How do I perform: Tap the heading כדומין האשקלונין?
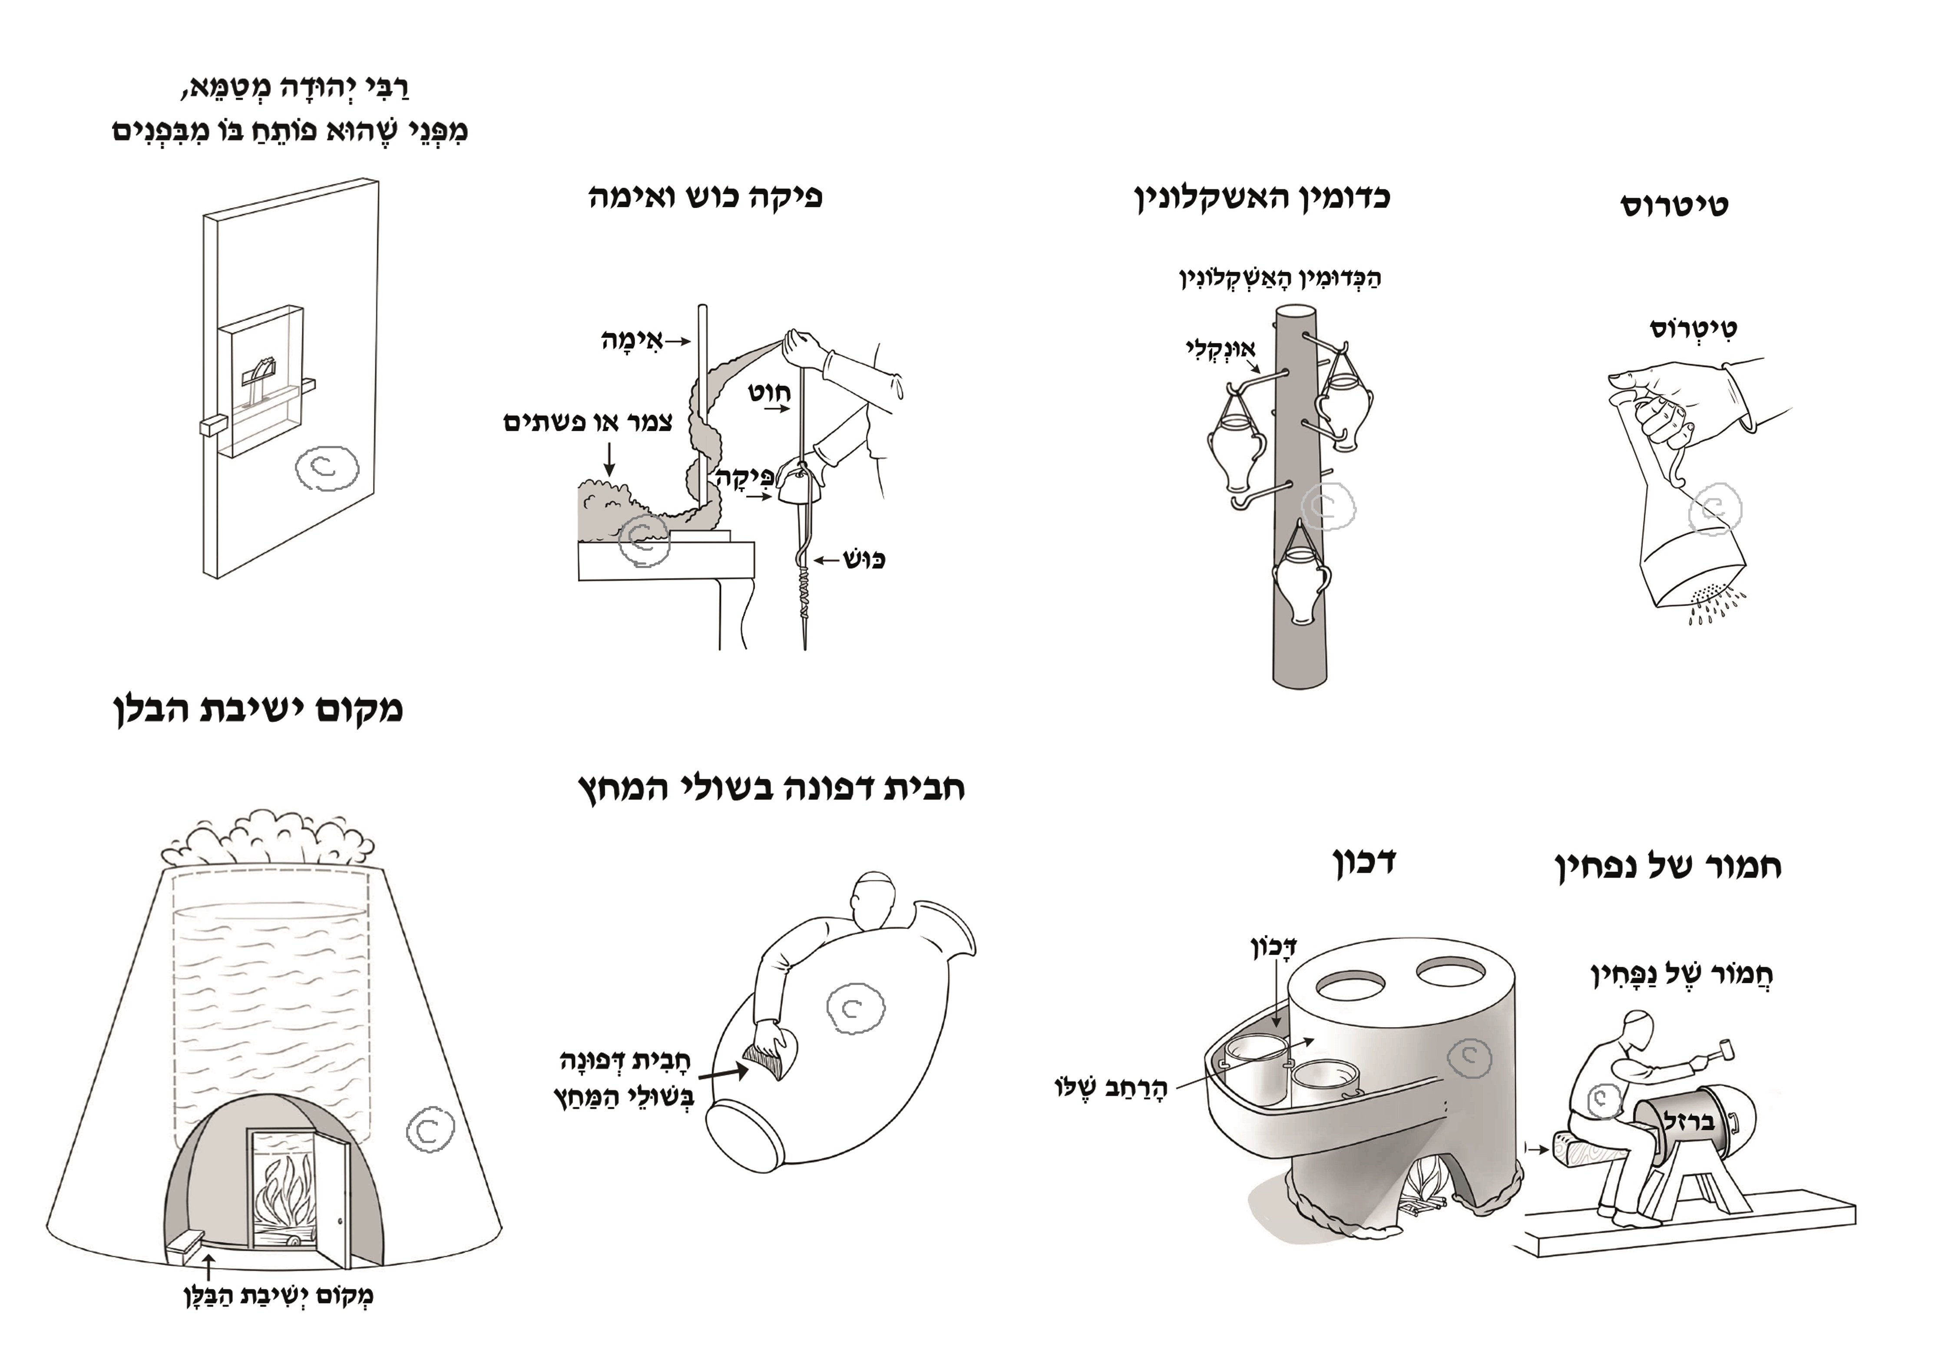(x=1262, y=198)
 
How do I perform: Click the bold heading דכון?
(x=1364, y=862)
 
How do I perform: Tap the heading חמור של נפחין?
(x=1667, y=866)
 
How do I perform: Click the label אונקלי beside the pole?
(x=1220, y=348)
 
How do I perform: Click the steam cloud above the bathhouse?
(x=268, y=839)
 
